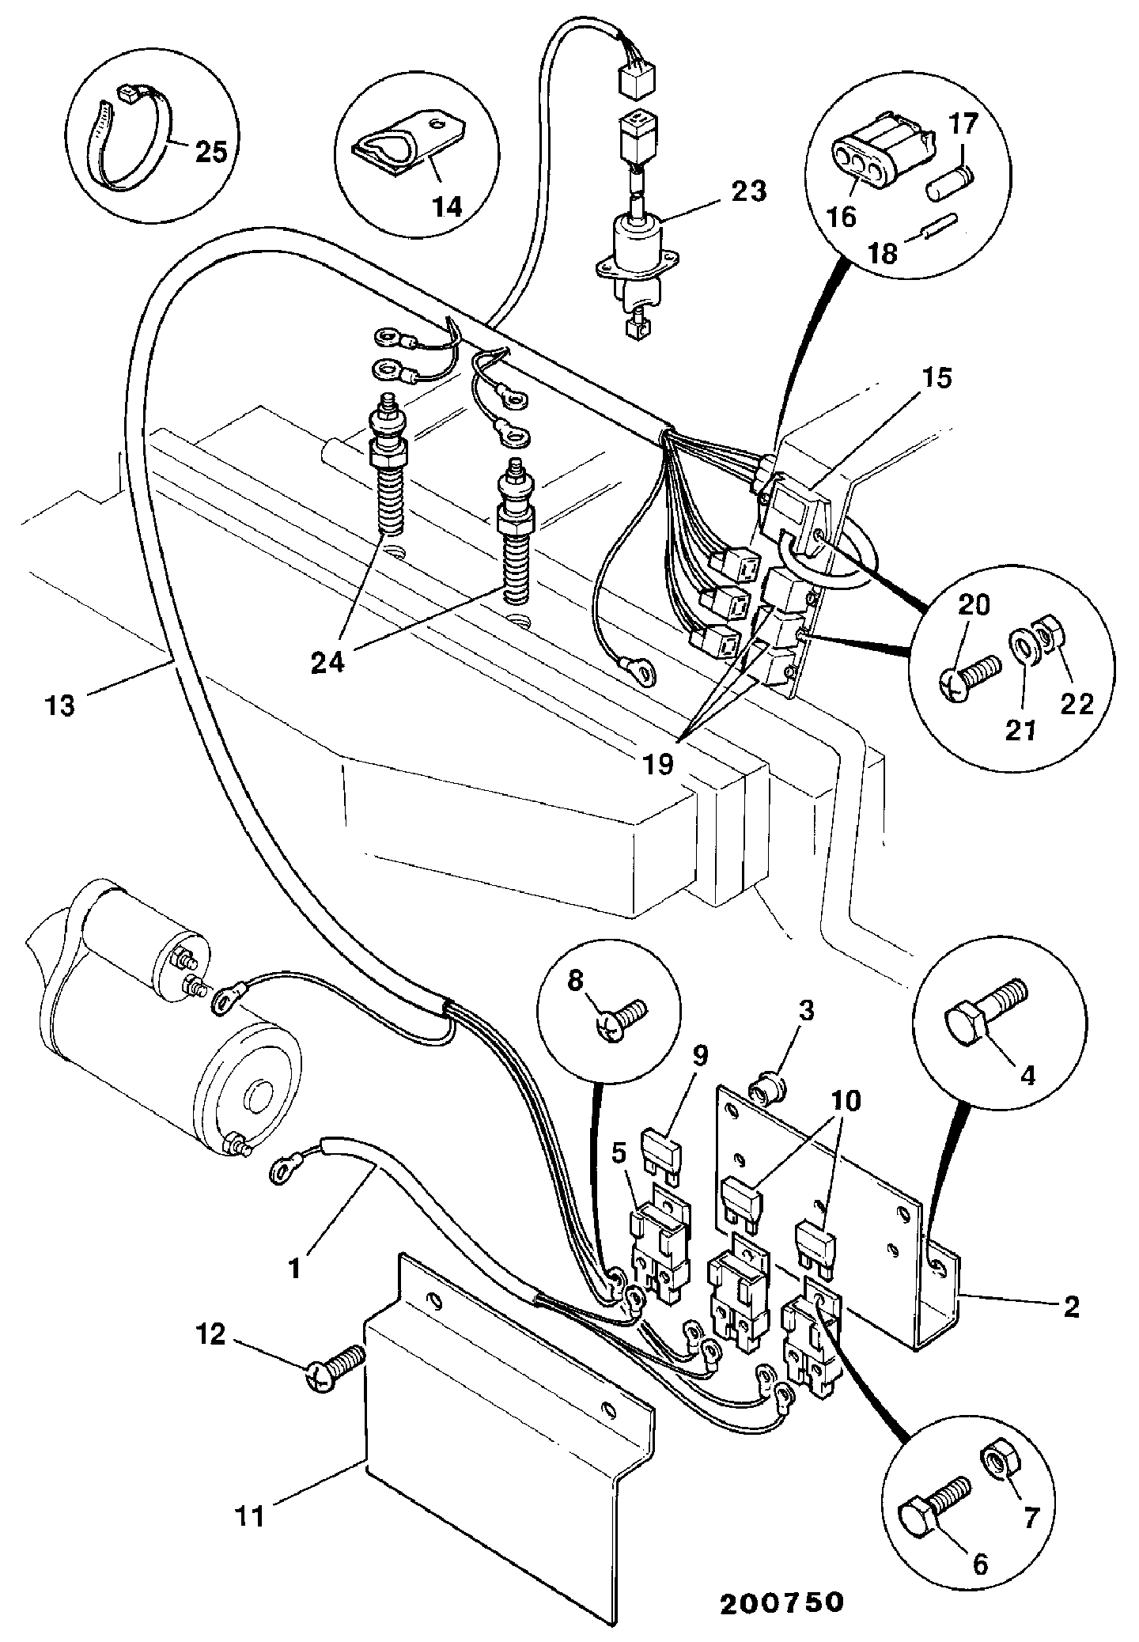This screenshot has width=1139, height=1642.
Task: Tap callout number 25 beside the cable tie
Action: coord(211,151)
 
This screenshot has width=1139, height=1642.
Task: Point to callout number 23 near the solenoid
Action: coord(749,191)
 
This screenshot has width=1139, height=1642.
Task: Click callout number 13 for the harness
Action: coord(60,704)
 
